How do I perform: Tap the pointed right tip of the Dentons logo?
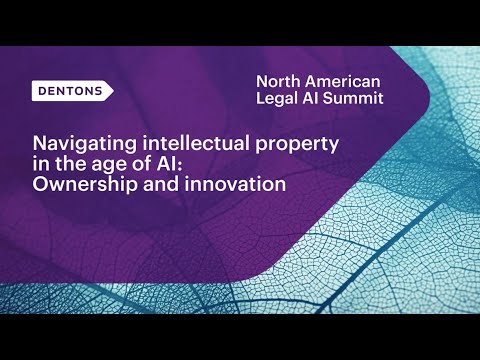tap(112, 90)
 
